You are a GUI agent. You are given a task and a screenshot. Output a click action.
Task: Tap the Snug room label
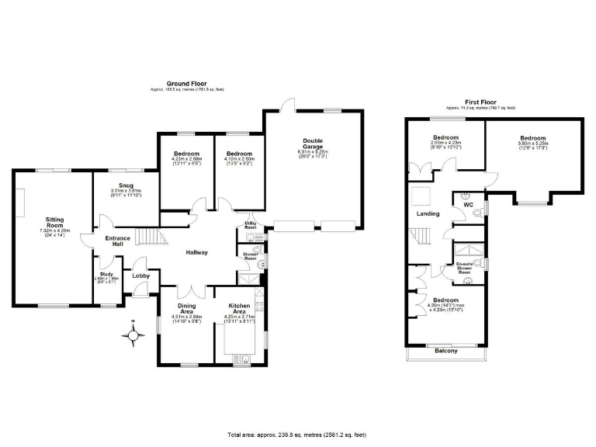pos(126,185)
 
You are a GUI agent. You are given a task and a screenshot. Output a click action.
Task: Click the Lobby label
pos(140,275)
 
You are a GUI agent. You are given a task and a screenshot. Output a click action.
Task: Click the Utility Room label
pos(250,224)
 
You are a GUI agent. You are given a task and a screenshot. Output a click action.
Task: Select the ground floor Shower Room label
pos(250,257)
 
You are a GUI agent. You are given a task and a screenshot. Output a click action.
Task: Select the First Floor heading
pos(480,102)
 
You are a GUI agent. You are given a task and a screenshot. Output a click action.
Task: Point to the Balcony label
pos(445,351)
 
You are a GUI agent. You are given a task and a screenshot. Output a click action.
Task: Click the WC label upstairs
pos(468,206)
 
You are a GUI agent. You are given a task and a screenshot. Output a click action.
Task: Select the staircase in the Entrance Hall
pos(148,236)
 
